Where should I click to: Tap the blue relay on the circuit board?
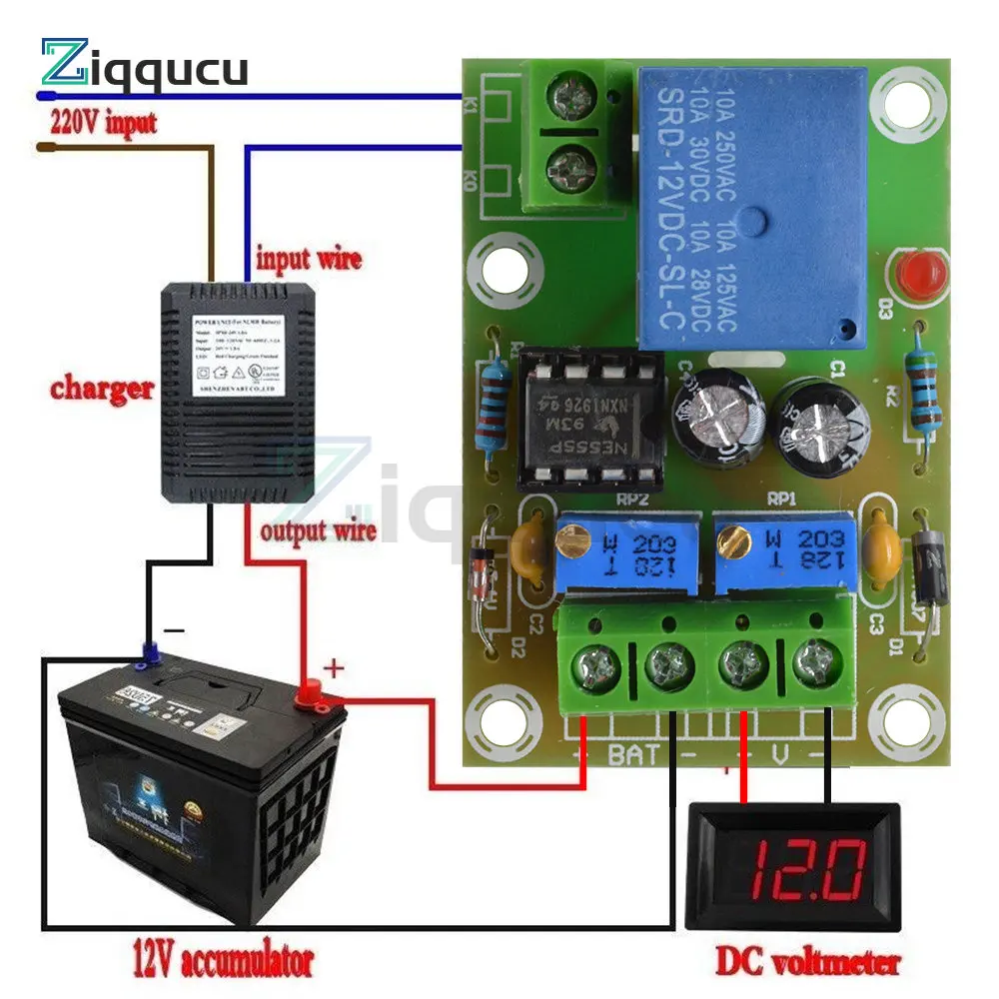[751, 206]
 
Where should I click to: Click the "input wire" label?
[309, 259]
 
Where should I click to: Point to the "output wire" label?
[318, 528]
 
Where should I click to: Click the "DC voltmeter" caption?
[806, 962]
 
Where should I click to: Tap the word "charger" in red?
[103, 388]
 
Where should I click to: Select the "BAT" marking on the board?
[632, 754]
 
